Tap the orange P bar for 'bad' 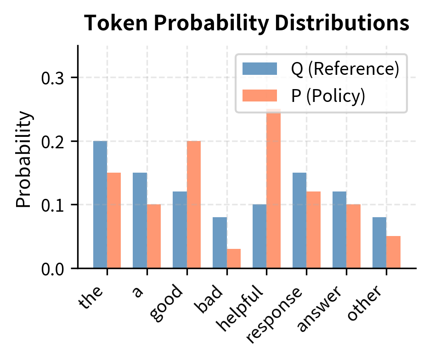pyautogui.click(x=234, y=259)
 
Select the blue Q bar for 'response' pyautogui.click(x=299, y=220)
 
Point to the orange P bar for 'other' pyautogui.click(x=393, y=252)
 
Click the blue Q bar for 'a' pyautogui.click(x=140, y=220)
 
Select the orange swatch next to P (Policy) pyautogui.click(x=260, y=96)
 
